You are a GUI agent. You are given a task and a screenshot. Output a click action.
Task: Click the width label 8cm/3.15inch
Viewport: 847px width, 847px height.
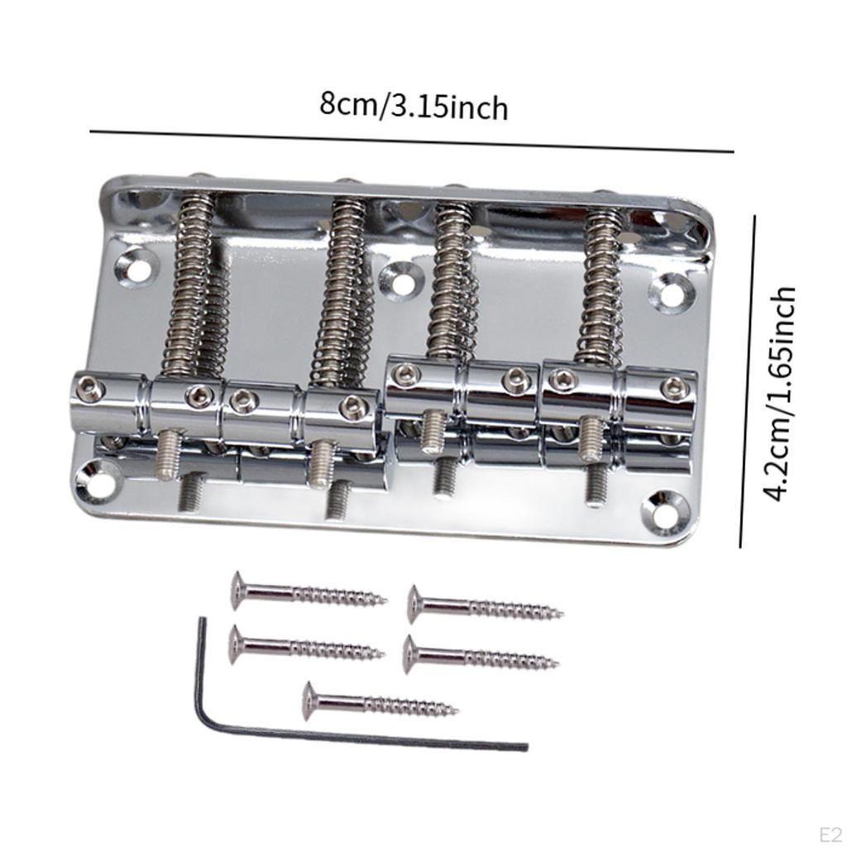[414, 106]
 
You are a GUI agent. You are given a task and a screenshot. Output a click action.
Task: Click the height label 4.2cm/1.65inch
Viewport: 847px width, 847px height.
[779, 393]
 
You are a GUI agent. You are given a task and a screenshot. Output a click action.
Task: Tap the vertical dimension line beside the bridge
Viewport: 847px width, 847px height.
[748, 380]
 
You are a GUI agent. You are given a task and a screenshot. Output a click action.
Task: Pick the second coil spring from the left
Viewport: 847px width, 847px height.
[340, 285]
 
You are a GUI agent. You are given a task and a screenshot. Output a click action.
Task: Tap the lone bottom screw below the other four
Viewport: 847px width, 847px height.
[380, 703]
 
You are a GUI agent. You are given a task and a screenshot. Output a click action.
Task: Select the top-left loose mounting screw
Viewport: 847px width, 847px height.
[308, 592]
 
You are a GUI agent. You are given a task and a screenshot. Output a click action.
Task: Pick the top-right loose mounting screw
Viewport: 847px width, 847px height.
[485, 608]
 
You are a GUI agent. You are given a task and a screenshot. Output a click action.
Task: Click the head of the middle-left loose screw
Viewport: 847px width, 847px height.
[237, 644]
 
